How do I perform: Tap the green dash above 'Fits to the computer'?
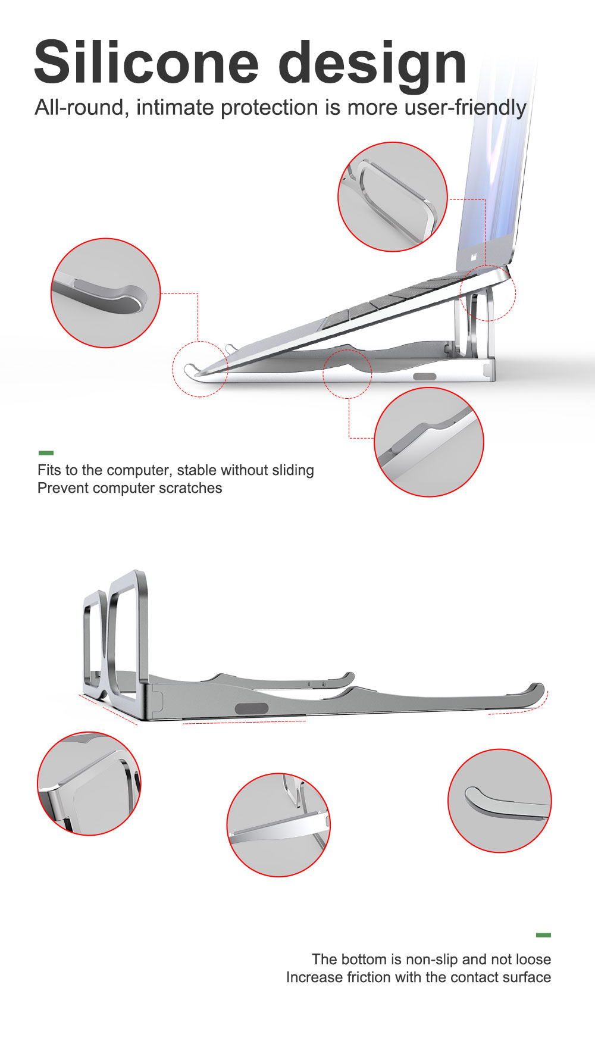click(x=46, y=453)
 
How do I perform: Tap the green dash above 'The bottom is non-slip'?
click(x=543, y=935)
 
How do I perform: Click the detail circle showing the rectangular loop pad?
click(x=393, y=196)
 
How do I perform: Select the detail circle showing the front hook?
click(x=105, y=293)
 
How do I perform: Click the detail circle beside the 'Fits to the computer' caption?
click(x=429, y=442)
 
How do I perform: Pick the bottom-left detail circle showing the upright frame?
click(x=89, y=783)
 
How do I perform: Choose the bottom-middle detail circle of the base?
click(x=278, y=825)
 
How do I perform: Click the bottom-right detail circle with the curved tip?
click(x=500, y=801)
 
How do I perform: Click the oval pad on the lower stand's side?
click(x=252, y=708)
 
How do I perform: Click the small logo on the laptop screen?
click(x=474, y=257)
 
